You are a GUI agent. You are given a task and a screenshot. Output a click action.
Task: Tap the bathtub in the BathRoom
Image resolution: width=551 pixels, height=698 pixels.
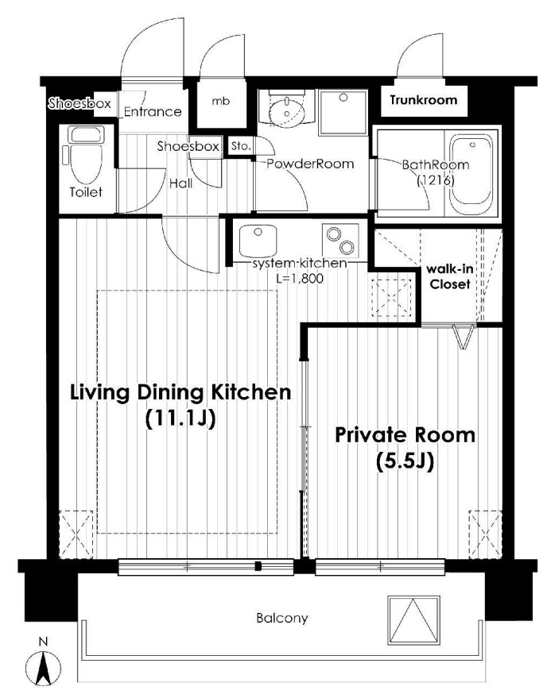click(x=471, y=175)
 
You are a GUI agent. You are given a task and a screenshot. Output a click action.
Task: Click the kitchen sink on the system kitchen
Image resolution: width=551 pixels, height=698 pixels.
click(x=258, y=241)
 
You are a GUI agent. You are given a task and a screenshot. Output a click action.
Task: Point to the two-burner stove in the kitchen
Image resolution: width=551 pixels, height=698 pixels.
click(x=340, y=240)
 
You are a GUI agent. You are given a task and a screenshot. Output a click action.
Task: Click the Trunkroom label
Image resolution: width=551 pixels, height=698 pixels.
click(x=424, y=100)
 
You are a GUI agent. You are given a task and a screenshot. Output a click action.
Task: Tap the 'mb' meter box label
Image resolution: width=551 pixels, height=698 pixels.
click(x=221, y=101)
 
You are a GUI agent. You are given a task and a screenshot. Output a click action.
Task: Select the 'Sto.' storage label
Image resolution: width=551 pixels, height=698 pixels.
click(x=241, y=145)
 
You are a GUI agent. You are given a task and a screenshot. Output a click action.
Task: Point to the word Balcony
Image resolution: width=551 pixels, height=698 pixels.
click(x=281, y=619)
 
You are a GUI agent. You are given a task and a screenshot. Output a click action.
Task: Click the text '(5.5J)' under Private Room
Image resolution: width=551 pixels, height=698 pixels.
click(x=405, y=461)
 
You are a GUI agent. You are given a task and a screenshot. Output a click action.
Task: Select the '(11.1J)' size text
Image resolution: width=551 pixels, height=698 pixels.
click(x=180, y=418)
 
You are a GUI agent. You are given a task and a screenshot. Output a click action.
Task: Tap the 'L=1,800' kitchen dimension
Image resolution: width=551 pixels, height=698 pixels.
click(x=300, y=279)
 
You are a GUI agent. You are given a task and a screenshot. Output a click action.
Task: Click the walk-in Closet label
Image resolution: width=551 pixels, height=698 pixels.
click(x=449, y=276)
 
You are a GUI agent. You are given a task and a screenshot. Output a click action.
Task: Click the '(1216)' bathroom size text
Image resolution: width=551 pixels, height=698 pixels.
click(x=435, y=181)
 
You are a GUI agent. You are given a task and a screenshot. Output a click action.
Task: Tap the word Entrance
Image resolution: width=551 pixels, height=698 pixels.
click(x=153, y=111)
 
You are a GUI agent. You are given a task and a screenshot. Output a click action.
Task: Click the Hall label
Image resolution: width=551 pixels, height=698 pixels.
click(x=181, y=183)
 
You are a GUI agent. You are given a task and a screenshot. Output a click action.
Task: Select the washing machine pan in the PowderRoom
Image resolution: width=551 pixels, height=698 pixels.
click(x=343, y=113)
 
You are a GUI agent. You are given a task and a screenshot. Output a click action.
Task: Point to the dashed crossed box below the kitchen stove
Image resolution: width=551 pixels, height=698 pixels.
click(x=392, y=297)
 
